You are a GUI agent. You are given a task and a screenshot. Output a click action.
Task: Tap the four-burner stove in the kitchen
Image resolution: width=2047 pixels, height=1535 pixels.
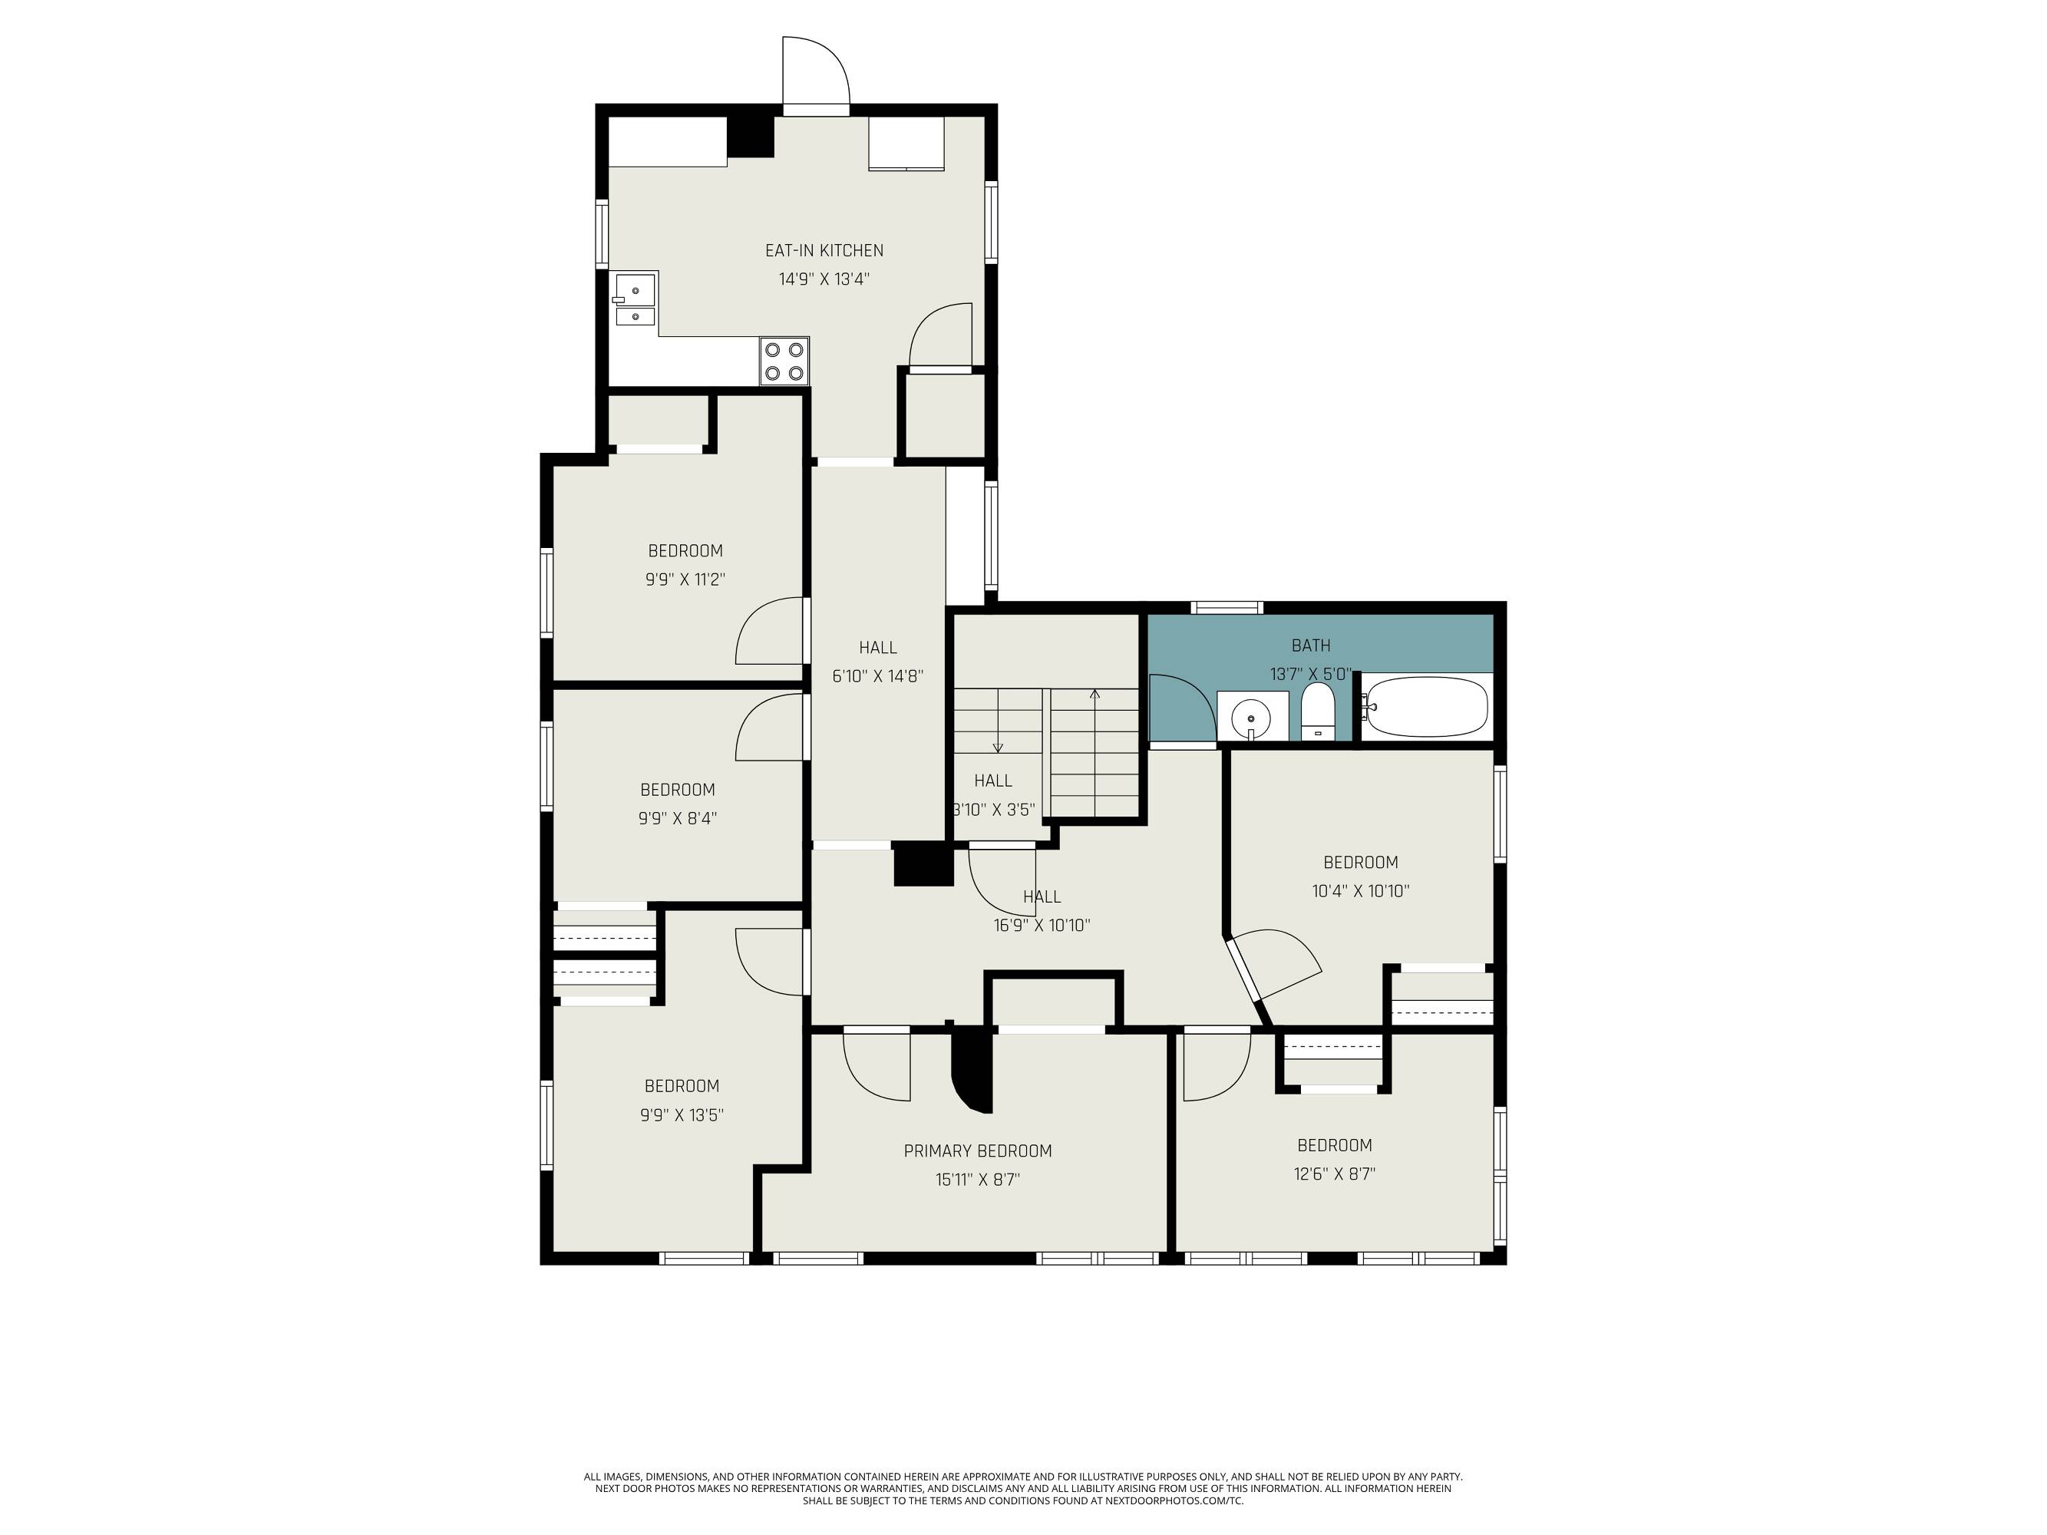point(784,361)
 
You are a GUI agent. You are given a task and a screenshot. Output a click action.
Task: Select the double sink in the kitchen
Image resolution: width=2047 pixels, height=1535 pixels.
point(634,301)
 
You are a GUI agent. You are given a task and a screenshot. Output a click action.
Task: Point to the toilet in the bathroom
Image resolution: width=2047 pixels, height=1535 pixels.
point(1318,712)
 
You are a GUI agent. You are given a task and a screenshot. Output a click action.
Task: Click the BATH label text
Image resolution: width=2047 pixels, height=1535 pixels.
point(1311,645)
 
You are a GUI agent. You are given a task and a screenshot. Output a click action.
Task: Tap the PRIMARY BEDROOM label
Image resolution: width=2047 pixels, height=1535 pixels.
point(977,1151)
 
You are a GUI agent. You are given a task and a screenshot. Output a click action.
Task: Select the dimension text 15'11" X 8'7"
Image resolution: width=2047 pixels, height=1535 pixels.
point(977,1180)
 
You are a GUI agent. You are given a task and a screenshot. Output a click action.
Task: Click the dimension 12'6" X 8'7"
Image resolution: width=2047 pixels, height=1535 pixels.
point(1335,1174)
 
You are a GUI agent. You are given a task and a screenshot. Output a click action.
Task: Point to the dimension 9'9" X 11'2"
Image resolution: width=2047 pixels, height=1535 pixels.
point(685,580)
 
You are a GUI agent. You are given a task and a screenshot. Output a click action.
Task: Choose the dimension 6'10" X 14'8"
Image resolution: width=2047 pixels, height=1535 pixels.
point(877,676)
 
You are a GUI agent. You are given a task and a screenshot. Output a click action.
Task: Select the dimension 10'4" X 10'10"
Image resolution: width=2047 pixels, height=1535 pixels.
point(1360,891)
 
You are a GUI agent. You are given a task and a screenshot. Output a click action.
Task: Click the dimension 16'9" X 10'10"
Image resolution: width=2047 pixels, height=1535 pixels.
point(1042,926)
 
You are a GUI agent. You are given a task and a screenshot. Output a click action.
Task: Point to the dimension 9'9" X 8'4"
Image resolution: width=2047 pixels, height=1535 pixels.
point(678,818)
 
